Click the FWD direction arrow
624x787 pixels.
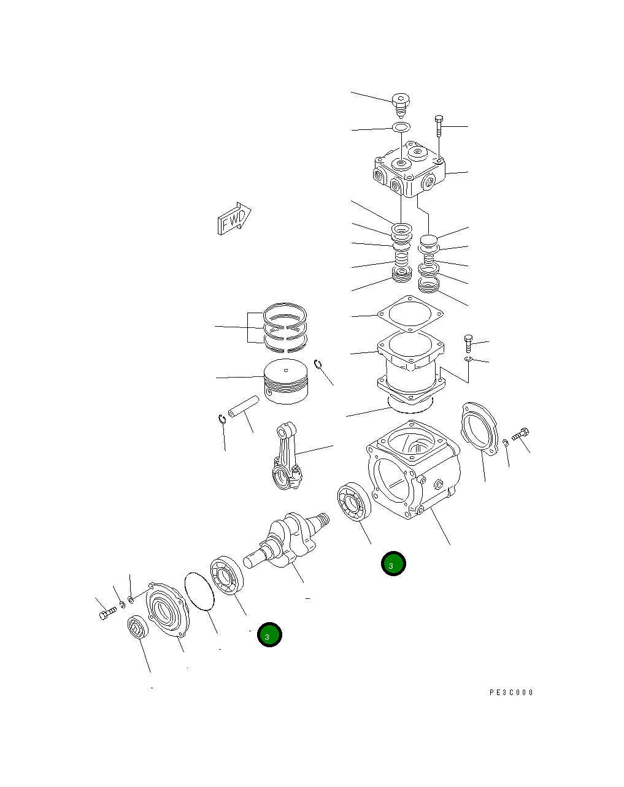pyautogui.click(x=234, y=218)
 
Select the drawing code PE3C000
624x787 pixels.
pyautogui.click(x=511, y=693)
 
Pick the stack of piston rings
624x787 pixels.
pyautogui.click(x=285, y=329)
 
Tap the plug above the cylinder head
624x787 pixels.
pyautogui.click(x=400, y=104)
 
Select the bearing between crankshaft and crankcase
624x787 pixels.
pyautogui.click(x=353, y=503)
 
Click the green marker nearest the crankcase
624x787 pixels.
pyautogui.click(x=393, y=564)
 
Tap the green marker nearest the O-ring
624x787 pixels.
pyautogui.click(x=269, y=635)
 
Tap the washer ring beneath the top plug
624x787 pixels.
pyautogui.click(x=401, y=127)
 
